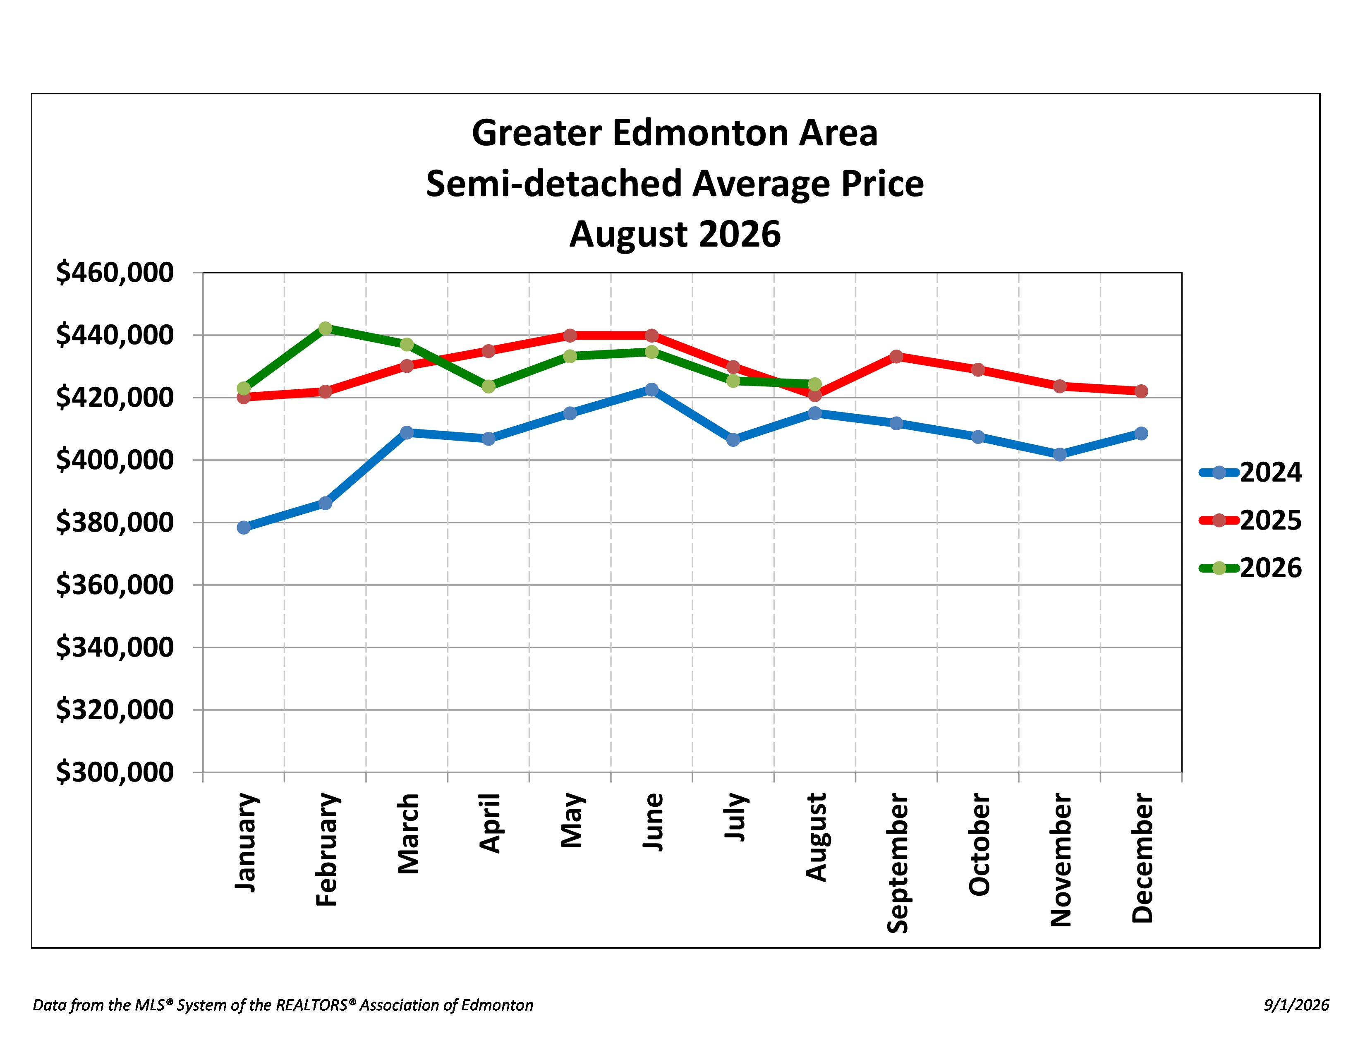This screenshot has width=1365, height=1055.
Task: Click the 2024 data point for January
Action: pyautogui.click(x=244, y=527)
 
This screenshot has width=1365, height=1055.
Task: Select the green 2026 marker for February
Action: pyautogui.click(x=325, y=328)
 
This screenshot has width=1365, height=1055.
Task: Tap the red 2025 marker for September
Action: pyautogui.click(x=896, y=356)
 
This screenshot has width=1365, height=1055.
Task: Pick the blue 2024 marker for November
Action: pyautogui.click(x=1059, y=454)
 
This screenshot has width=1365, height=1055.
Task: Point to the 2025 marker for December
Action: pyautogui.click(x=1141, y=391)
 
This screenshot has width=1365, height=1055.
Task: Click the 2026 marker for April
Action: pyautogui.click(x=489, y=386)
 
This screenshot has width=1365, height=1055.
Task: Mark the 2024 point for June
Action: pyautogui.click(x=651, y=389)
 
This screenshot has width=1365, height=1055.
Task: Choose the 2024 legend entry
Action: pyautogui.click(x=1250, y=472)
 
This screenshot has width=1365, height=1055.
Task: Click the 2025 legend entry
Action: pyautogui.click(x=1250, y=520)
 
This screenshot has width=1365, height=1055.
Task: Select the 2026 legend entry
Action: pyautogui.click(x=1250, y=568)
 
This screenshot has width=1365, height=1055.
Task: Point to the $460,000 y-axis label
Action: pyautogui.click(x=115, y=273)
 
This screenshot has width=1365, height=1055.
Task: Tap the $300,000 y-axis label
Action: pyautogui.click(x=115, y=772)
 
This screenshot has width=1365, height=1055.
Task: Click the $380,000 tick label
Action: pyautogui.click(x=115, y=523)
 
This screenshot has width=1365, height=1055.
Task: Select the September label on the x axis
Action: pyautogui.click(x=898, y=863)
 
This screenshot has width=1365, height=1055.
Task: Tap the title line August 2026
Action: pyautogui.click(x=675, y=234)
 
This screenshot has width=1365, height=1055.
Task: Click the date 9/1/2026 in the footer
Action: pyautogui.click(x=1296, y=1005)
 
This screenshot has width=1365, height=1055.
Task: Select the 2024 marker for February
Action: pyautogui.click(x=325, y=503)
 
